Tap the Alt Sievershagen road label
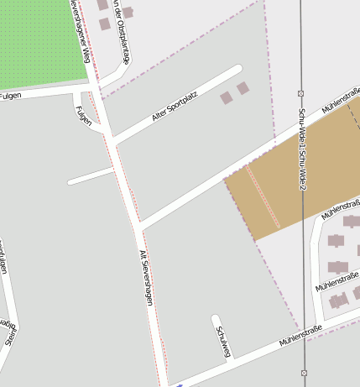point(145,277)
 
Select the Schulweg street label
point(222,342)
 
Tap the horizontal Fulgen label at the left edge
point(10,97)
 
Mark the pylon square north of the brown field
point(301,93)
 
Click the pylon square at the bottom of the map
point(303,372)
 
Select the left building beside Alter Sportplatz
point(227,98)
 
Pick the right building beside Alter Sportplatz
point(243,88)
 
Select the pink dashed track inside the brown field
point(263,196)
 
